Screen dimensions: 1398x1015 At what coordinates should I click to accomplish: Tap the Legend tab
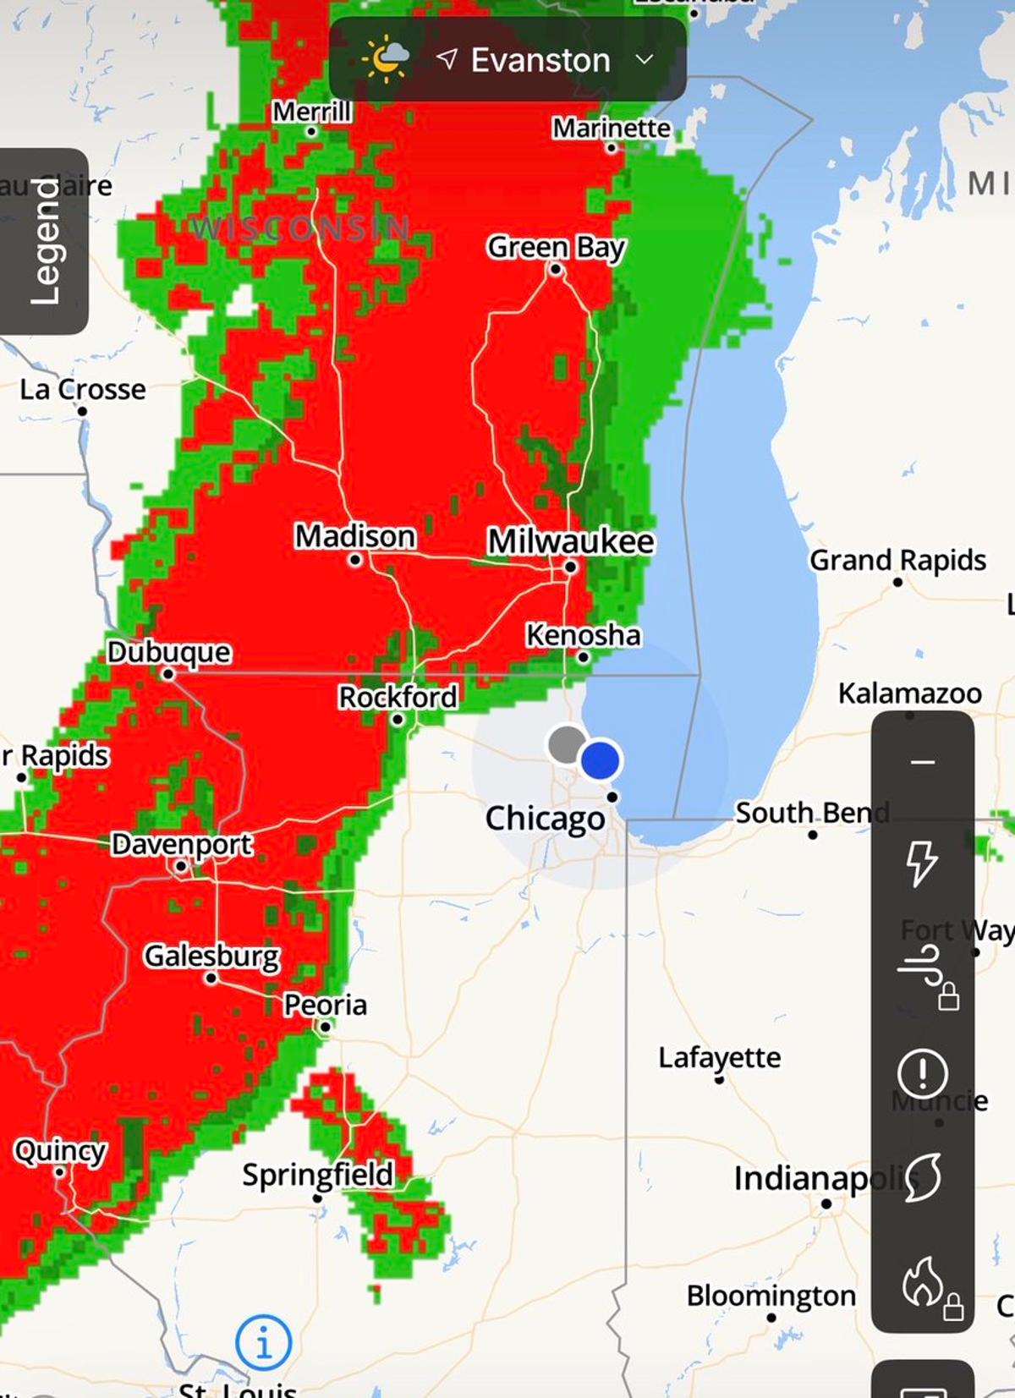[x=45, y=241]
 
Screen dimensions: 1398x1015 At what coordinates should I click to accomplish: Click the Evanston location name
[x=540, y=60]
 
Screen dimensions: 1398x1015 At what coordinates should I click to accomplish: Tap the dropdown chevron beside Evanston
[x=645, y=59]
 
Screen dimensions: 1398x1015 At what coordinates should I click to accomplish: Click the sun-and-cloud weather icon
[x=386, y=58]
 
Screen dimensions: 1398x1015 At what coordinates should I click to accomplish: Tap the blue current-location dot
[x=601, y=759]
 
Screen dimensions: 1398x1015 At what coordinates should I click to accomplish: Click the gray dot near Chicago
[x=567, y=744]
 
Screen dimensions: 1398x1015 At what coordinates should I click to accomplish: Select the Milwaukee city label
[x=571, y=541]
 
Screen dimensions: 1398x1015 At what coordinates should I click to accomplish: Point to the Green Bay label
[x=556, y=247]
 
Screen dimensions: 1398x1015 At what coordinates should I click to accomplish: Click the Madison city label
[x=355, y=536]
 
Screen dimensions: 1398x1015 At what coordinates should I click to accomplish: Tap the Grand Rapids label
[x=897, y=560]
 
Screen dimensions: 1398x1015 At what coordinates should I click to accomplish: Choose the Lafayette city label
[x=720, y=1057]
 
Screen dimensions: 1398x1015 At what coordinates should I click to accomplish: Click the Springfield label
[x=318, y=1174]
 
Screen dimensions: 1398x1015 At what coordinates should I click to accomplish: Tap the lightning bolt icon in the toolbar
[x=922, y=863]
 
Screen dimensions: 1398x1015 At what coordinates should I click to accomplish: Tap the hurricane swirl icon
[x=922, y=1177]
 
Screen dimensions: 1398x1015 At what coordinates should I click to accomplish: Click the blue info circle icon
[x=264, y=1342]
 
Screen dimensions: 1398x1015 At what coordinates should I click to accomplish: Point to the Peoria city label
[x=326, y=1005]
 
